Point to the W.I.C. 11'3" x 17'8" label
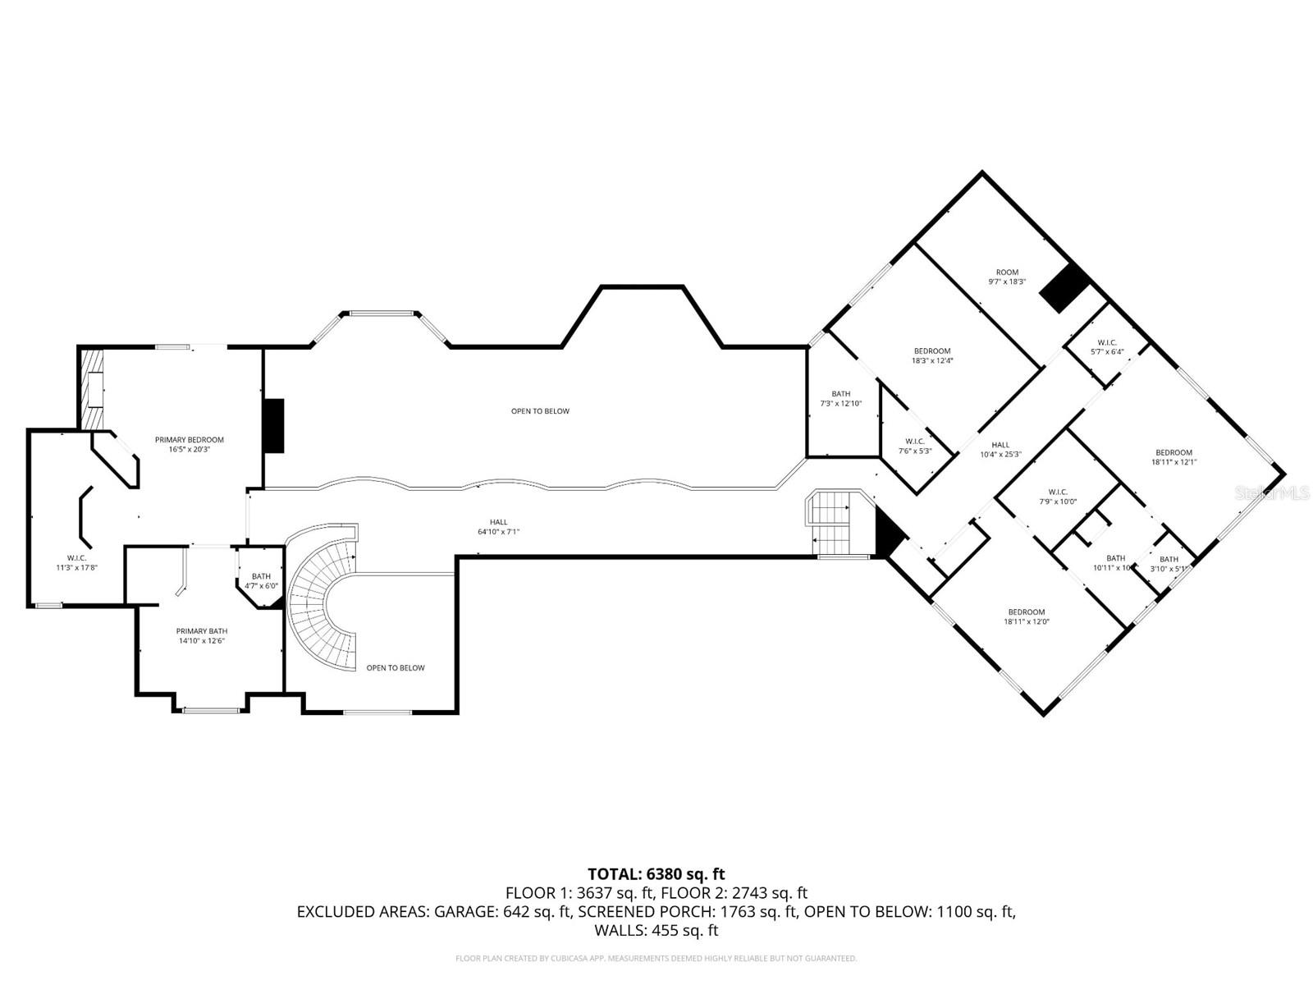pyautogui.click(x=77, y=562)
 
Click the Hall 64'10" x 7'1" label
pyautogui.click(x=499, y=526)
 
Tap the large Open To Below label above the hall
pyautogui.click(x=540, y=411)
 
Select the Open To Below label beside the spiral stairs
pyautogui.click(x=396, y=668)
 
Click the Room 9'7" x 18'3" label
pyautogui.click(x=1007, y=277)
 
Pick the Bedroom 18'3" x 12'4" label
pyautogui.click(x=932, y=355)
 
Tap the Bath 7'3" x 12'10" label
pyautogui.click(x=841, y=398)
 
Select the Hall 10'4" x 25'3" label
pyautogui.click(x=1000, y=449)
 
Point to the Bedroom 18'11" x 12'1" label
pyautogui.click(x=1173, y=457)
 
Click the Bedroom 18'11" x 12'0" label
pyautogui.click(x=1027, y=616)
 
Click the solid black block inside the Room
pyautogui.click(x=1065, y=287)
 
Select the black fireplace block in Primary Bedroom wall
pyautogui.click(x=273, y=425)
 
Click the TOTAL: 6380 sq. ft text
pyautogui.click(x=656, y=874)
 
